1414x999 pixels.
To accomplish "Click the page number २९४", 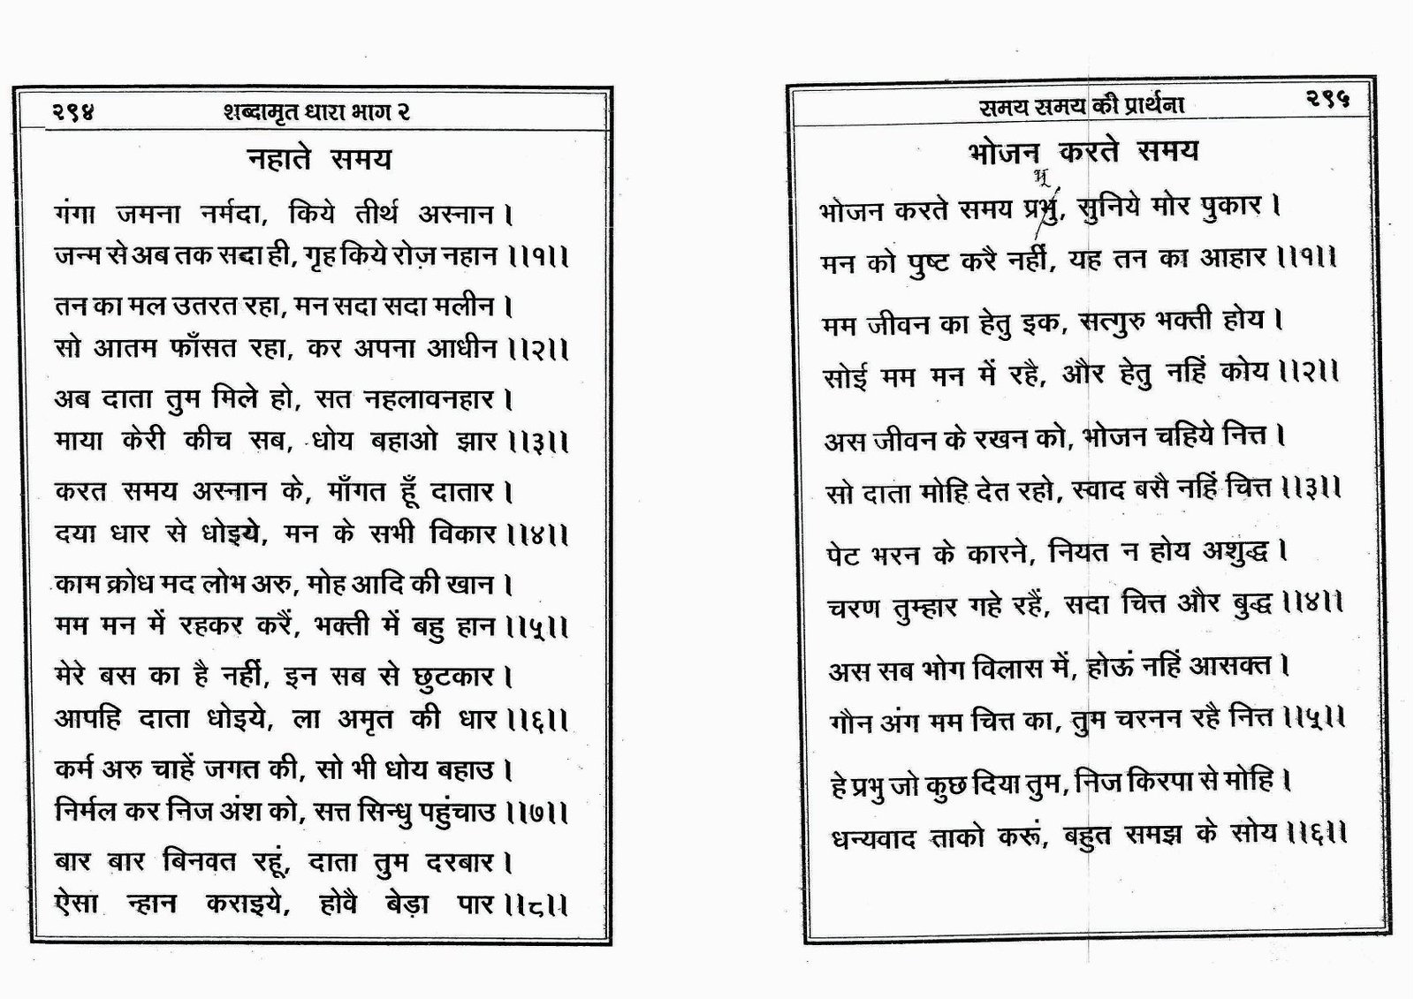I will pyautogui.click(x=72, y=112).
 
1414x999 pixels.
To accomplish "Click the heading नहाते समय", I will pyautogui.click(x=318, y=160).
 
